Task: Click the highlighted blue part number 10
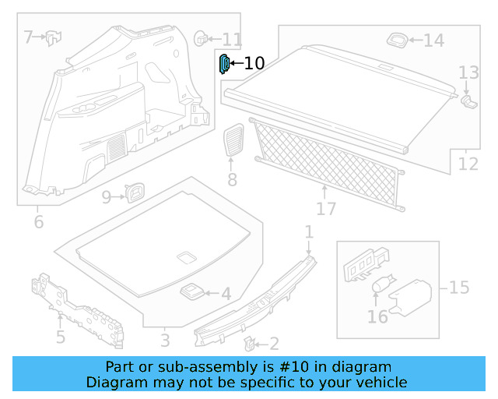223,64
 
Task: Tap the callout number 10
254,64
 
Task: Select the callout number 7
29,37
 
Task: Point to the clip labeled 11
201,37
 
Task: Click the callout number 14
433,41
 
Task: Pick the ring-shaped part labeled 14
397,38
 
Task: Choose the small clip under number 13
468,100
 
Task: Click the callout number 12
468,164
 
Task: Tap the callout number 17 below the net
326,209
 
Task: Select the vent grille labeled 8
232,141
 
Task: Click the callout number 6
39,223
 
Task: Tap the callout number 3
165,341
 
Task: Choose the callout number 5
60,338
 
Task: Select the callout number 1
309,231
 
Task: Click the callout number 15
459,288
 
